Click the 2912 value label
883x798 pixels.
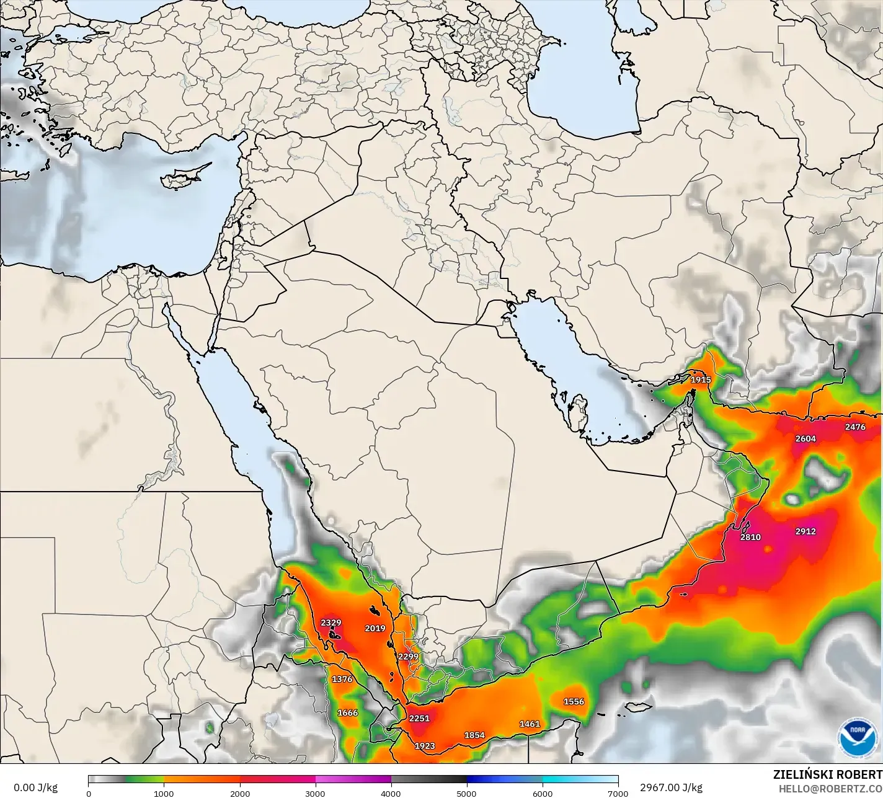(805, 531)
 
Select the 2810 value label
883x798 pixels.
(750, 537)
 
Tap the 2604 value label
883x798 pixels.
(805, 438)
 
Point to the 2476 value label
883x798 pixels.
(855, 427)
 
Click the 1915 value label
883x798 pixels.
(701, 379)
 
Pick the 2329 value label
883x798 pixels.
(331, 623)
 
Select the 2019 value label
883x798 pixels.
(375, 628)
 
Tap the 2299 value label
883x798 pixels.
(408, 657)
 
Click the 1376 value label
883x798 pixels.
(342, 679)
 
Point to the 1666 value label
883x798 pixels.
(347, 712)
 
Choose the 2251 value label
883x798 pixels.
(419, 718)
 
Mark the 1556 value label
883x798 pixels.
(574, 701)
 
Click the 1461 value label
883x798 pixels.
(530, 724)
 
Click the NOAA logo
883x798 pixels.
(854, 737)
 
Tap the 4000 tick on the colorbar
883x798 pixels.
(391, 793)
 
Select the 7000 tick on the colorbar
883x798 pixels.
(618, 793)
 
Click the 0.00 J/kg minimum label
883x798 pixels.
(35, 787)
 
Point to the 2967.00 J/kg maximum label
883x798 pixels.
(671, 787)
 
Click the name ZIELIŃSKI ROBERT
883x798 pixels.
(827, 774)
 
